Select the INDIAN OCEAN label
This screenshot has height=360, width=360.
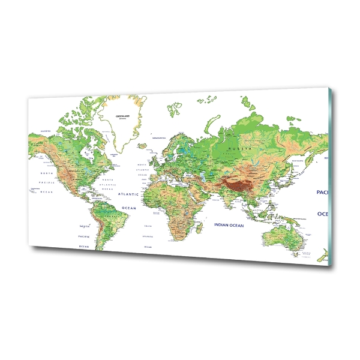(x=229, y=225)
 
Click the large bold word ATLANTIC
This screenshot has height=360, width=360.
(x=128, y=194)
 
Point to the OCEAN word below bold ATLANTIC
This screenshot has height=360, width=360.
(x=130, y=208)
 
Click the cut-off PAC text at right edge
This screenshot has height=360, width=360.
(x=322, y=193)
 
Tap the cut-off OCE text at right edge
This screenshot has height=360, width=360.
(x=323, y=214)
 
